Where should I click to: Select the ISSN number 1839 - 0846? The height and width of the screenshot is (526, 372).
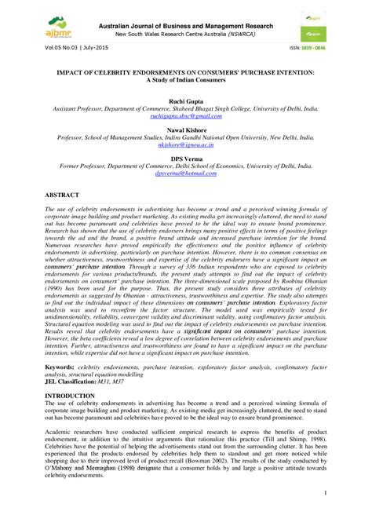click(x=326, y=47)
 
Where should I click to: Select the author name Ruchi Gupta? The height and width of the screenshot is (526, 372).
click(x=185, y=102)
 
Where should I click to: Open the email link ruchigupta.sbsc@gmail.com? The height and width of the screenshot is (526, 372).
click(x=185, y=115)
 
